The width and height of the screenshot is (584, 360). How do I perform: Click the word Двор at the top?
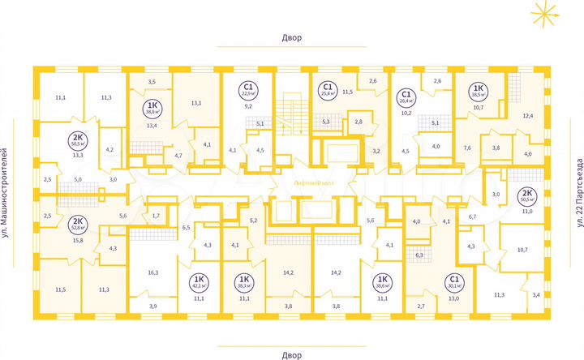coord(292,38)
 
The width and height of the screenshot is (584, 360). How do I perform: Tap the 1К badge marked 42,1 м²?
coord(196,282)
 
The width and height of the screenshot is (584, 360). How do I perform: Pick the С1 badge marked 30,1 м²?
coord(453,282)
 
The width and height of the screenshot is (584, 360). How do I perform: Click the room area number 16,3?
coord(152,273)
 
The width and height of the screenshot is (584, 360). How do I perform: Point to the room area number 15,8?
coord(79,240)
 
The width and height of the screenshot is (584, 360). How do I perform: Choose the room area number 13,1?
coord(195,103)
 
